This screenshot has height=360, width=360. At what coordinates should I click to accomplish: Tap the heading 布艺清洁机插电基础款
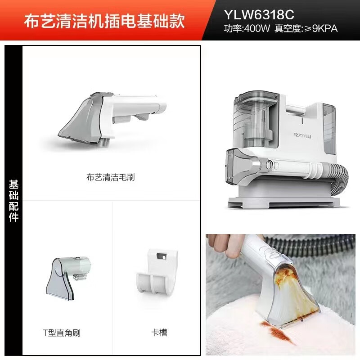(104, 22)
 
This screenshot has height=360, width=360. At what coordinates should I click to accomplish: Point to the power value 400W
(256, 29)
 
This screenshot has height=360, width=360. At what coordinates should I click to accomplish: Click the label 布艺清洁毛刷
(110, 177)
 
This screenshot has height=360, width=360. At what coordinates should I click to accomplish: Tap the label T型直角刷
(61, 333)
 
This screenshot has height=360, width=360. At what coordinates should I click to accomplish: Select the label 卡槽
(159, 333)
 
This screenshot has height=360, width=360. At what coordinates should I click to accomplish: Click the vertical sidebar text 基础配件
(14, 201)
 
